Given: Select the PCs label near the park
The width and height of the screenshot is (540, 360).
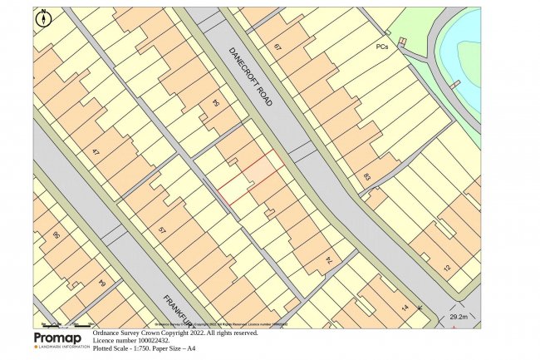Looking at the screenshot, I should [x=381, y=47].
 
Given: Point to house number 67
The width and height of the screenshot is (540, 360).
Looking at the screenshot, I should [x=277, y=47].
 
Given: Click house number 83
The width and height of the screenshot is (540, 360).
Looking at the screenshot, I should [x=366, y=176].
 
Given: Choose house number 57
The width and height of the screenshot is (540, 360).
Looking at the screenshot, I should [x=162, y=229].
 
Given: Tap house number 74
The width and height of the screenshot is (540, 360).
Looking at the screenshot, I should [x=328, y=260].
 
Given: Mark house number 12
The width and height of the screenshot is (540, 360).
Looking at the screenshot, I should [x=446, y=268].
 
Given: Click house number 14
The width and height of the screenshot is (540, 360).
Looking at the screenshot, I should [x=405, y=308].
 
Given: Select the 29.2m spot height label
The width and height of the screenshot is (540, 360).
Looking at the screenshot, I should [x=459, y=317].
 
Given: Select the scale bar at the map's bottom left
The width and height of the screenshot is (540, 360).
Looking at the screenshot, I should [x=66, y=323].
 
